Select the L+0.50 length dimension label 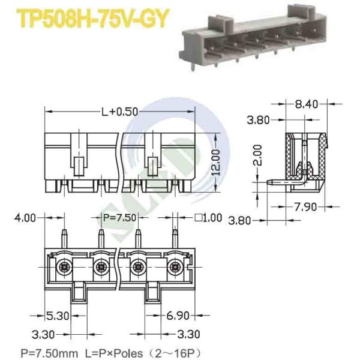point(119,112)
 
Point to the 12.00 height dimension point(215,163)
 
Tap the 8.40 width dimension point(306,104)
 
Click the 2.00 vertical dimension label point(257,155)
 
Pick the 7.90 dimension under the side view point(305,207)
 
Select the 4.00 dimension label point(25,218)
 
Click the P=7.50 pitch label point(119,217)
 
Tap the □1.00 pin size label point(208,218)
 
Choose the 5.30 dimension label point(58,316)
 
